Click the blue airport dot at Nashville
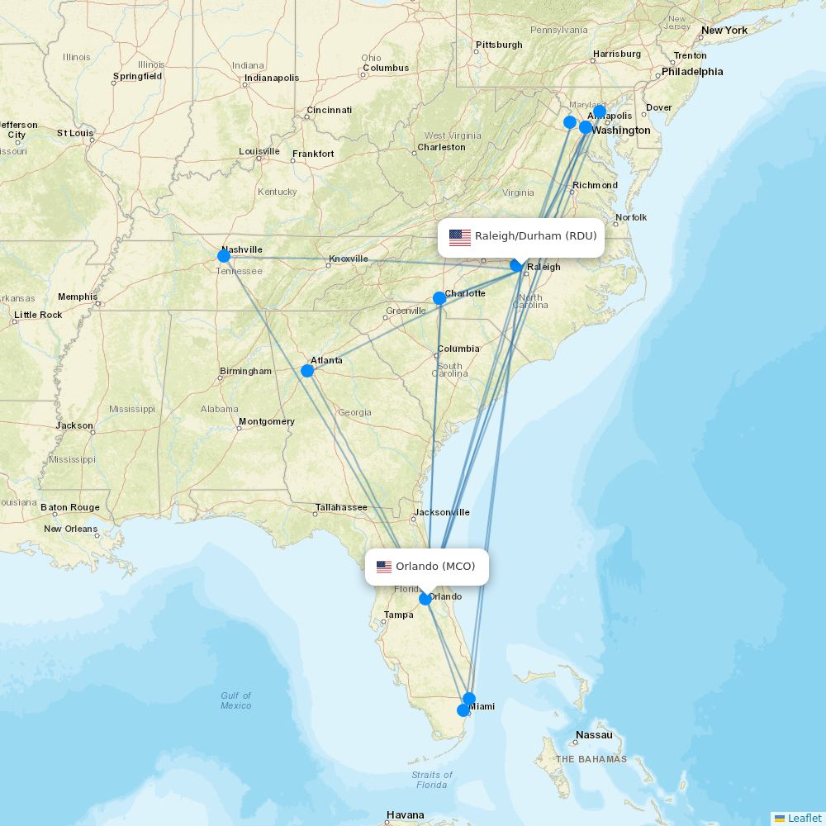pyautogui.click(x=224, y=256)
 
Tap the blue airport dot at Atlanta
pyautogui.click(x=307, y=371)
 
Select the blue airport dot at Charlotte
pyautogui.click(x=439, y=298)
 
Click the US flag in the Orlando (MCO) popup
pyautogui.click(x=384, y=567)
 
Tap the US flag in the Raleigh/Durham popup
pyautogui.click(x=460, y=238)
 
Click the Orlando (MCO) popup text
pyautogui.click(x=435, y=567)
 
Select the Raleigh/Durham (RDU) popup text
pyautogui.click(x=535, y=236)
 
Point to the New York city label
pyautogui.click(x=724, y=31)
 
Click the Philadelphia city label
pyautogui.click(x=691, y=72)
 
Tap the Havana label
pyautogui.click(x=406, y=815)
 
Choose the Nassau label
pyautogui.click(x=595, y=735)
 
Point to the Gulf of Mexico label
pyautogui.click(x=235, y=700)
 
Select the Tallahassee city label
pyautogui.click(x=340, y=507)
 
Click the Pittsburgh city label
pyautogui.click(x=499, y=45)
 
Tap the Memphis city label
pyautogui.click(x=78, y=297)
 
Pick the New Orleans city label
pyautogui.click(x=70, y=529)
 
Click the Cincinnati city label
pyautogui.click(x=329, y=110)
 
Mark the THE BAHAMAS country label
pyautogui.click(x=591, y=759)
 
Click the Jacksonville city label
pyautogui.click(x=442, y=512)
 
